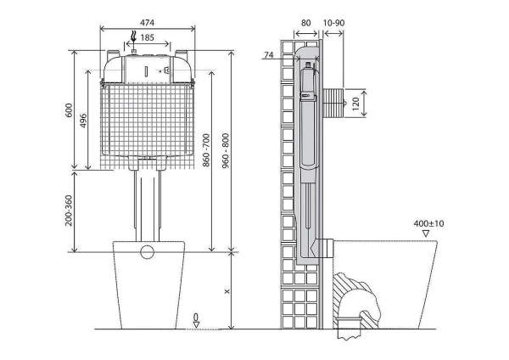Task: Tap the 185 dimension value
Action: tap(148, 37)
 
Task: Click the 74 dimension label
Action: tap(270, 55)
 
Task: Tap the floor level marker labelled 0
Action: tap(196, 319)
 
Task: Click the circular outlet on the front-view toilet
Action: tap(147, 251)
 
